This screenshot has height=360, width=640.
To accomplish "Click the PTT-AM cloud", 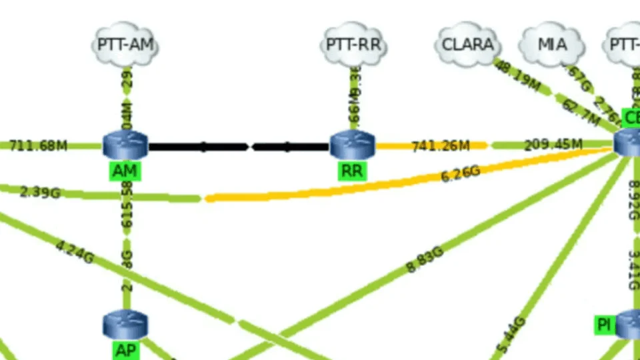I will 125,45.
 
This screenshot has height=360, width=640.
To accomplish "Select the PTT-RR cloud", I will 353,45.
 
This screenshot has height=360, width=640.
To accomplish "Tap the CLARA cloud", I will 468,45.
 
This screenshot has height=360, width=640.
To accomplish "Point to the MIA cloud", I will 552,45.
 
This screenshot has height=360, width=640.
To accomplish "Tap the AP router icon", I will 125,325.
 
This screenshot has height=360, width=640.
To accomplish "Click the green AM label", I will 125,171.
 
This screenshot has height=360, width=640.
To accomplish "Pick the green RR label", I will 352,171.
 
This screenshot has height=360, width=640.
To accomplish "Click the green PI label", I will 604,325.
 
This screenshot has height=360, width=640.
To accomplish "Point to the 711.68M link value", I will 39,145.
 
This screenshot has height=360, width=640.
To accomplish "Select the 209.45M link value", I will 553,145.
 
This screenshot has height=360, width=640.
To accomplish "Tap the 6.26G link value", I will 461,174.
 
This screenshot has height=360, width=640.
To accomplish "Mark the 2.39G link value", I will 40,192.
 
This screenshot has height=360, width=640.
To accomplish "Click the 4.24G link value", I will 74,252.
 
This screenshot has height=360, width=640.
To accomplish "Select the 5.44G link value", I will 512,335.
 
